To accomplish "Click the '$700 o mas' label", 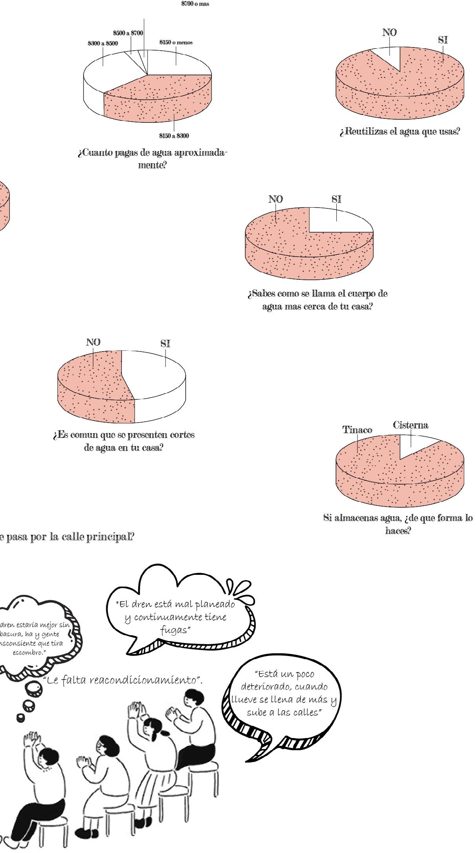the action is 195,4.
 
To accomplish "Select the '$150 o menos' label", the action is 176,42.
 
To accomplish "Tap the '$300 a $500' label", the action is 102,44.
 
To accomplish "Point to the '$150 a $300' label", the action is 174,136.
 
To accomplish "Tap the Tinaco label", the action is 357,430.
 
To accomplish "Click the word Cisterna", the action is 410,425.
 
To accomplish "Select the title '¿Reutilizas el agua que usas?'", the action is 399,131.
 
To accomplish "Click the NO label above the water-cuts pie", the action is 93,342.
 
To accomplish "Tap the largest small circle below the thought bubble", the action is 33,688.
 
